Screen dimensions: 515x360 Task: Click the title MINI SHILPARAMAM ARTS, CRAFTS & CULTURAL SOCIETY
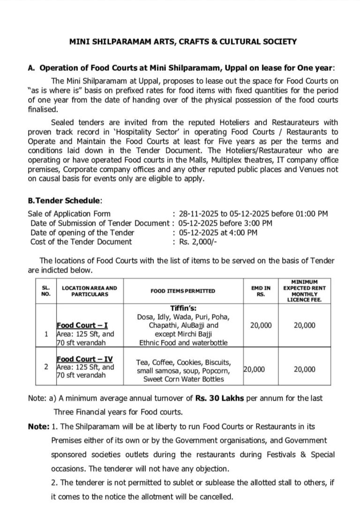click(x=183, y=42)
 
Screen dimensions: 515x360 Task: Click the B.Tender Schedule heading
click(x=64, y=200)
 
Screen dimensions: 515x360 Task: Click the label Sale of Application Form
click(x=69, y=213)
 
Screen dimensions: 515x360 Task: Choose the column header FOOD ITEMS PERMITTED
click(x=183, y=291)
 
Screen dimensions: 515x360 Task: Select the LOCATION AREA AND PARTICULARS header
click(x=90, y=291)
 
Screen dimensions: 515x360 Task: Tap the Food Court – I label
click(x=82, y=325)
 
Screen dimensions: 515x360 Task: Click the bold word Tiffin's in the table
click(x=183, y=308)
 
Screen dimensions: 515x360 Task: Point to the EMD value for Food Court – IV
click(x=254, y=369)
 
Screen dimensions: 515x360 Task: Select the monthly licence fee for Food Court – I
click(x=304, y=325)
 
